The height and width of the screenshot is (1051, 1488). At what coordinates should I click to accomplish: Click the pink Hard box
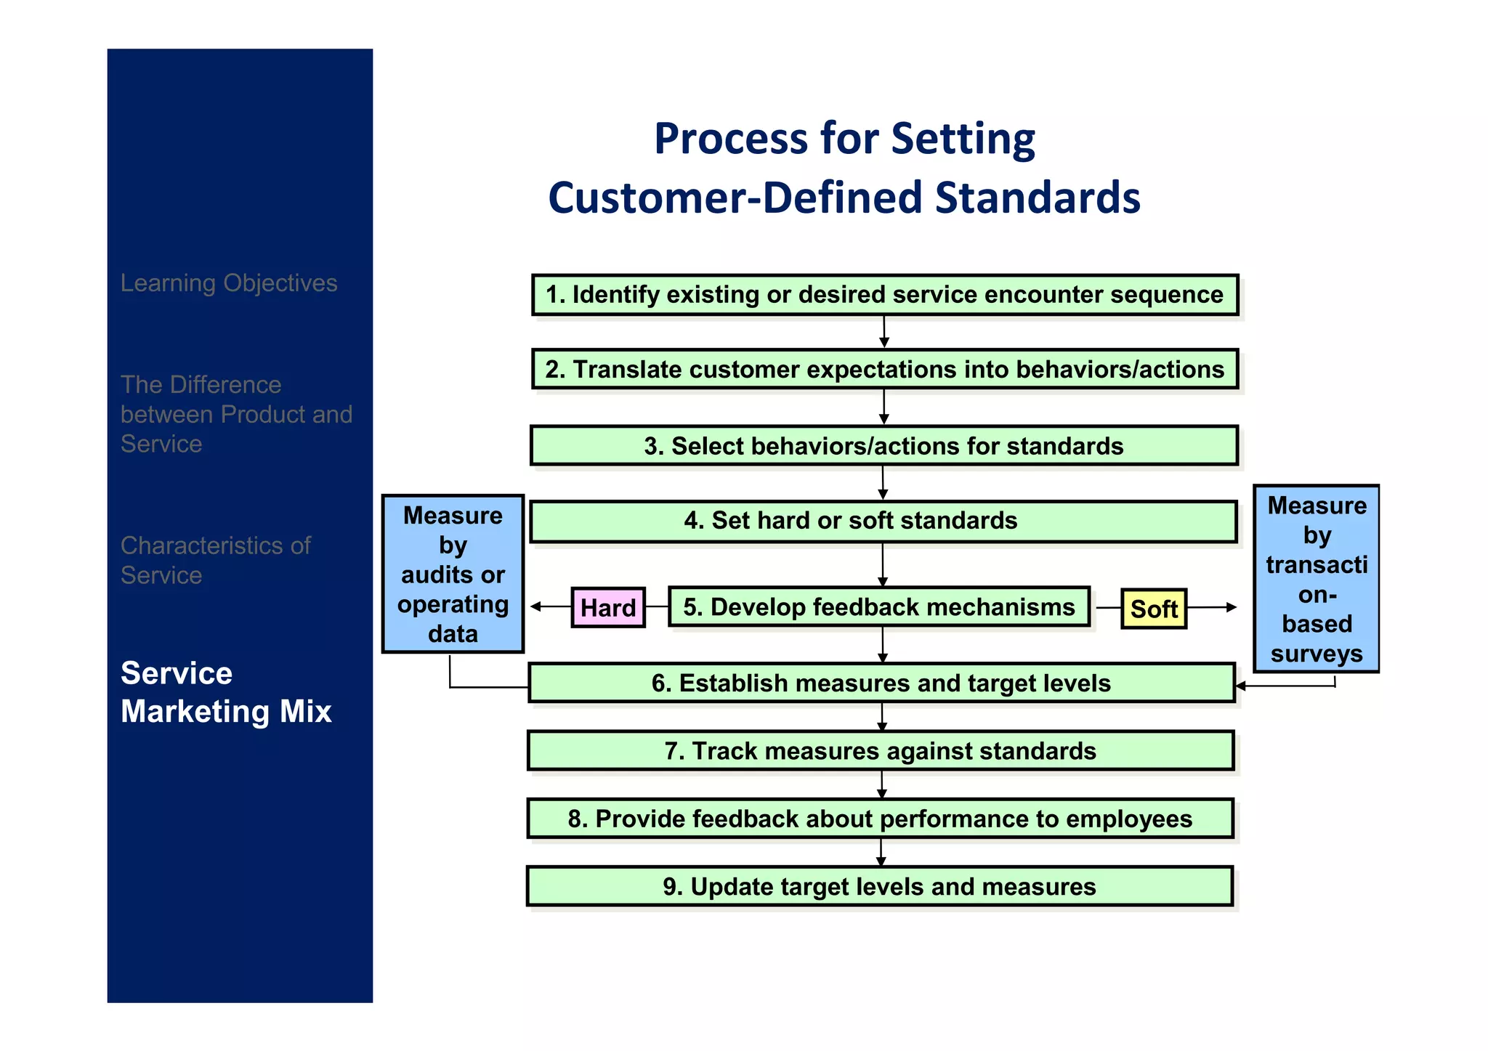(607, 607)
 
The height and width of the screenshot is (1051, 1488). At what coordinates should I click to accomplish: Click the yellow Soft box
(1153, 609)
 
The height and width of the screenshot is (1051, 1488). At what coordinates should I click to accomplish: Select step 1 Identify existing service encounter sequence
(884, 295)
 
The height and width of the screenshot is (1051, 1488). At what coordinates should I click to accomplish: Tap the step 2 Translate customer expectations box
(884, 369)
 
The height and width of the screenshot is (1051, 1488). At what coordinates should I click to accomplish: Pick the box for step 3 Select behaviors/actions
(883, 445)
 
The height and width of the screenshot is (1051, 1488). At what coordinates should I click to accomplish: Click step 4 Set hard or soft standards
(883, 521)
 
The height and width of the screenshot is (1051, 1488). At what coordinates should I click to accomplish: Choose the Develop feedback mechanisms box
(878, 606)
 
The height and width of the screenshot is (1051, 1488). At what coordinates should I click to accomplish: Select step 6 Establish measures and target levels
(881, 683)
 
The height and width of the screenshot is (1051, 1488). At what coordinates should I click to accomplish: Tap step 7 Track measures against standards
(881, 750)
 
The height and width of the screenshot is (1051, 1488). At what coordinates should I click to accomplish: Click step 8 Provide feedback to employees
(880, 819)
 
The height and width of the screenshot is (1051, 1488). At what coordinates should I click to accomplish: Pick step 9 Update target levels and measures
(879, 886)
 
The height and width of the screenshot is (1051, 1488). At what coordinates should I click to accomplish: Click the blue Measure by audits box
(453, 574)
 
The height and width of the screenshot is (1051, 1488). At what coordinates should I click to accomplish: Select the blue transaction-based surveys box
(1316, 579)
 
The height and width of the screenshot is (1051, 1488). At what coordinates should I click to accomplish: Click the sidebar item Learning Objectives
(229, 283)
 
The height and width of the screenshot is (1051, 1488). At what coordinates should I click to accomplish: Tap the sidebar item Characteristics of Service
(216, 560)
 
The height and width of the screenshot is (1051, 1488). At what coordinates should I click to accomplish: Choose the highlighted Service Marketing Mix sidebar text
(226, 692)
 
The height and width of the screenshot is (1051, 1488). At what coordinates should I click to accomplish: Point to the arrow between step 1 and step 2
(884, 333)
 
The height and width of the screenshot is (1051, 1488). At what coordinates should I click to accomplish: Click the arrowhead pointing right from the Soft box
(1231, 607)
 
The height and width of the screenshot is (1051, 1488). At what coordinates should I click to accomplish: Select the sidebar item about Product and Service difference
(236, 414)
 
